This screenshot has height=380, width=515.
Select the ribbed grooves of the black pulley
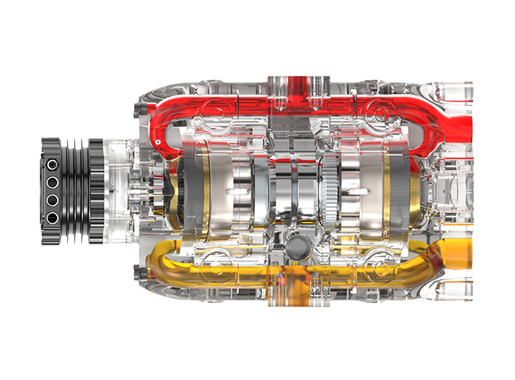(x=74, y=190)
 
